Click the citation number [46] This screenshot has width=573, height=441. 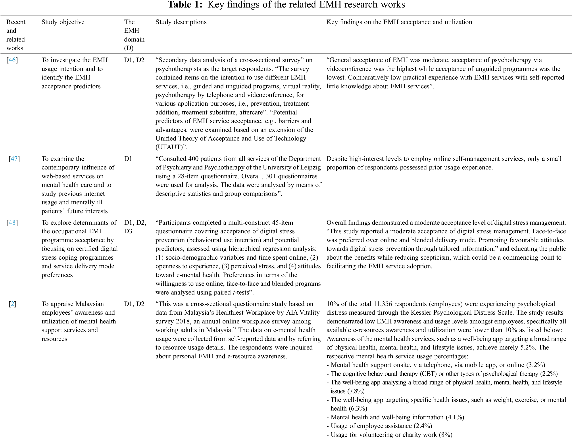click(x=12, y=60)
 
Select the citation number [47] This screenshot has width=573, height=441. click(x=14, y=159)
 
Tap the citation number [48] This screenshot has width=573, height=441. click(x=12, y=223)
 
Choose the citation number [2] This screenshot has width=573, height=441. click(x=12, y=304)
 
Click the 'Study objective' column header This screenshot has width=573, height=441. click(x=63, y=22)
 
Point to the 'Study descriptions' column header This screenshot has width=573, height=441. click(x=181, y=22)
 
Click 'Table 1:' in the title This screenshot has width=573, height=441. click(x=185, y=5)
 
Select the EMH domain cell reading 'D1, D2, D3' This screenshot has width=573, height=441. click(x=135, y=227)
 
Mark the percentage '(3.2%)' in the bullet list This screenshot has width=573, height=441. click(x=535, y=365)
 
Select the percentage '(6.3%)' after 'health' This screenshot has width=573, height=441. click(x=358, y=409)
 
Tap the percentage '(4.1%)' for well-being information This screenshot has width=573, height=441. click(x=455, y=417)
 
